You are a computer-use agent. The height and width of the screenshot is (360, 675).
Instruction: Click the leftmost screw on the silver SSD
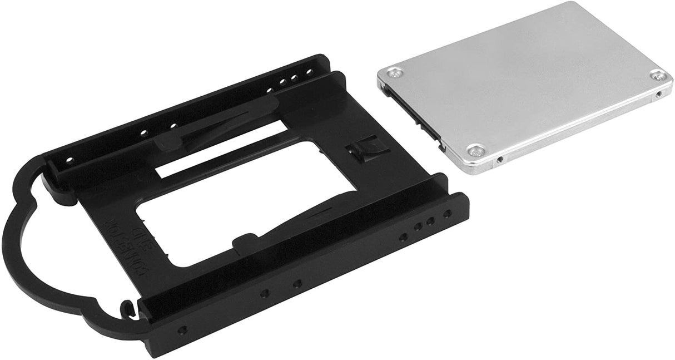click(x=395, y=72)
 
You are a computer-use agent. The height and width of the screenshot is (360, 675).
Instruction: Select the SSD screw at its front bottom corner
click(x=474, y=149)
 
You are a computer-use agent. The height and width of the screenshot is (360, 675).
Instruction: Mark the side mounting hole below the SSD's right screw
click(x=659, y=95)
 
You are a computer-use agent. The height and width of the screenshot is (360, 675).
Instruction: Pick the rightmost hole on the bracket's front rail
click(x=446, y=213)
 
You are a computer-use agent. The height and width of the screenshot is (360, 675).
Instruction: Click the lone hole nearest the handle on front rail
click(x=182, y=329)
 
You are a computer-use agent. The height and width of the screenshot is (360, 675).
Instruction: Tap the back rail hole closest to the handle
click(x=69, y=159)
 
